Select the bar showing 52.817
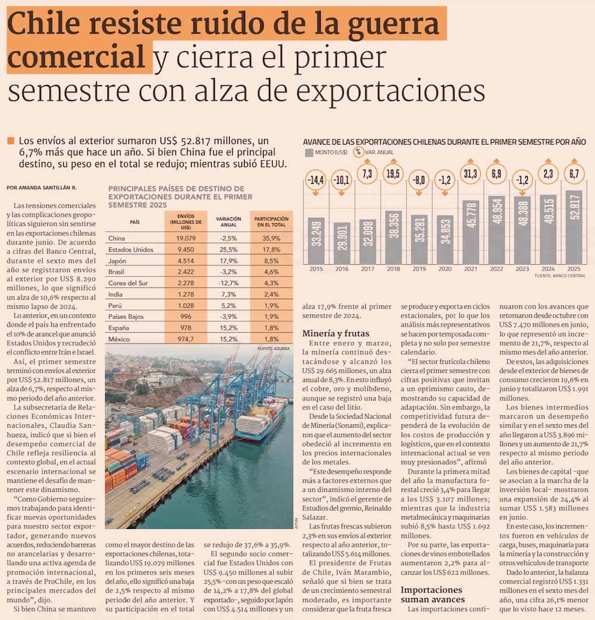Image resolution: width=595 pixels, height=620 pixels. coord(574,228)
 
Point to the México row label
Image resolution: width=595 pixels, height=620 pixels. coord(119,339)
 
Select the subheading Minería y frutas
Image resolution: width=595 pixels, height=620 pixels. coord(336,334)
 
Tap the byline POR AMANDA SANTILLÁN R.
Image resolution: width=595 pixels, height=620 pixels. coord(42,187)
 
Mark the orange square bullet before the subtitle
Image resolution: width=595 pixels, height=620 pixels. coord(10,141)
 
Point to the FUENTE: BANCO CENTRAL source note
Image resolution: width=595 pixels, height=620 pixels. coord(560,277)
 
